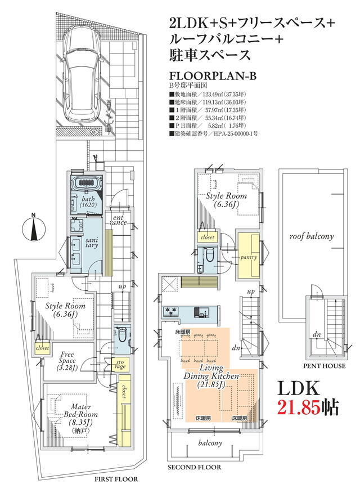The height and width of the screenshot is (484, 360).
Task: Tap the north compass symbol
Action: [x=34, y=228]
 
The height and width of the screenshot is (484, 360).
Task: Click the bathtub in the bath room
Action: [x=87, y=183]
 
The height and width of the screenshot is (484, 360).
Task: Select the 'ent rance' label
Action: [x=118, y=221]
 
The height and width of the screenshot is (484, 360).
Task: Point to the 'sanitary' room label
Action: [x=92, y=243]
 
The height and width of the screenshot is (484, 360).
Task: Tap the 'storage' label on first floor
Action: [x=120, y=365]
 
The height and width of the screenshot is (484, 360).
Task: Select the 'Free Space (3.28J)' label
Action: [x=67, y=361]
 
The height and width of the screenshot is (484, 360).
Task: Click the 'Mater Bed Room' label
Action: [x=80, y=410]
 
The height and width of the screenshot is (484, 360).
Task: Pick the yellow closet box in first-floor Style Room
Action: [x=42, y=348]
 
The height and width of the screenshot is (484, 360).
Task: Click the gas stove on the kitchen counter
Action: [x=170, y=311]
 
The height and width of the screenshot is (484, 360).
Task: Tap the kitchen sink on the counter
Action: [x=201, y=312]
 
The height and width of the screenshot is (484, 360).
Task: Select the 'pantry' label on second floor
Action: [x=249, y=257]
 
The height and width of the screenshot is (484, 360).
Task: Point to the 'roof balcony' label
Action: [x=311, y=236]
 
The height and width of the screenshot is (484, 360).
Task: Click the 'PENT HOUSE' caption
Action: [x=324, y=366]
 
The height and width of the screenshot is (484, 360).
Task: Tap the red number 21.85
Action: [x=298, y=407]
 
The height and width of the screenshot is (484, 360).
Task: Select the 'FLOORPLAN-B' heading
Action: [x=213, y=76]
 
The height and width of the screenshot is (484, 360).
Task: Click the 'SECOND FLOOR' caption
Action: [x=195, y=467]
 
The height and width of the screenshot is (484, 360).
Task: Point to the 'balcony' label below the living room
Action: [x=210, y=443]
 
